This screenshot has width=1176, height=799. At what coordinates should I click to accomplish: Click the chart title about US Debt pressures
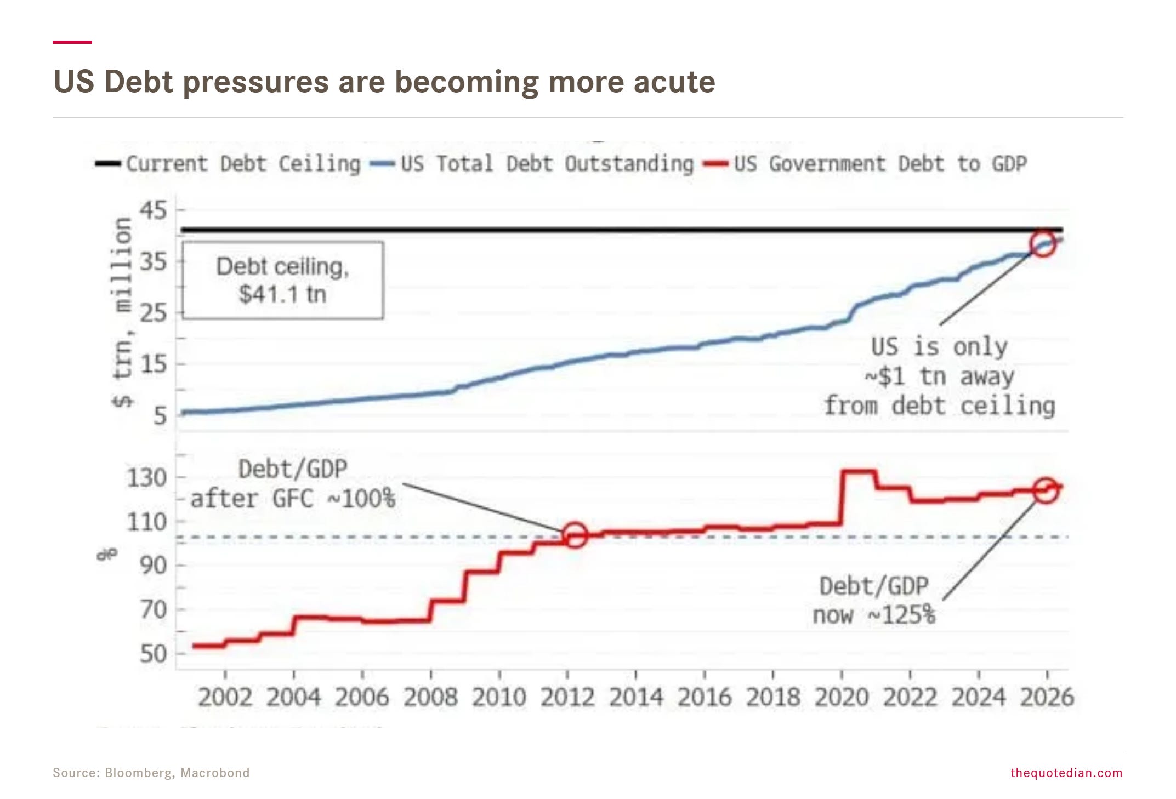point(384,82)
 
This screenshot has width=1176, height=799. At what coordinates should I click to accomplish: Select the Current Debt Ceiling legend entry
point(228,163)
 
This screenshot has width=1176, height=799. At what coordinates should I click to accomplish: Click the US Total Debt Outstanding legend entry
point(532,163)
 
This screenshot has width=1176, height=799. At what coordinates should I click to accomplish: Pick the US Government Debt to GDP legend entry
point(865,163)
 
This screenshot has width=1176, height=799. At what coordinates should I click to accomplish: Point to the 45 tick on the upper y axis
point(153,210)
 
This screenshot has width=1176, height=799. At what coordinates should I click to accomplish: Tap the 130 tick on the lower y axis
point(146,478)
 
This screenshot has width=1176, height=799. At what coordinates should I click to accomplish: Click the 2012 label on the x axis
point(567,697)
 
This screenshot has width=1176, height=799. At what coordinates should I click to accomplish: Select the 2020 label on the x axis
point(842,697)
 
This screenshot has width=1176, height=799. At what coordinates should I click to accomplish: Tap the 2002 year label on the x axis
point(225,697)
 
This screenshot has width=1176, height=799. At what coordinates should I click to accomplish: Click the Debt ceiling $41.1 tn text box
point(283,280)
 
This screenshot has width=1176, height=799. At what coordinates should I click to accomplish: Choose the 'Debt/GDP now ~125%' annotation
point(874,601)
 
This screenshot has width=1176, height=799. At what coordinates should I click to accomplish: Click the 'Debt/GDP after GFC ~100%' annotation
point(293,484)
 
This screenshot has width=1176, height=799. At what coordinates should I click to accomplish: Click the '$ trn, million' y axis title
point(123,312)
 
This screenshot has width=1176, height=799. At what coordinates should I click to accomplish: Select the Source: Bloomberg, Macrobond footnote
point(151,773)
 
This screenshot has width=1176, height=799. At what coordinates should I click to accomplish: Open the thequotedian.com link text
point(1066,773)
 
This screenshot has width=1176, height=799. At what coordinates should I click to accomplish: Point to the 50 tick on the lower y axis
point(153,654)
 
